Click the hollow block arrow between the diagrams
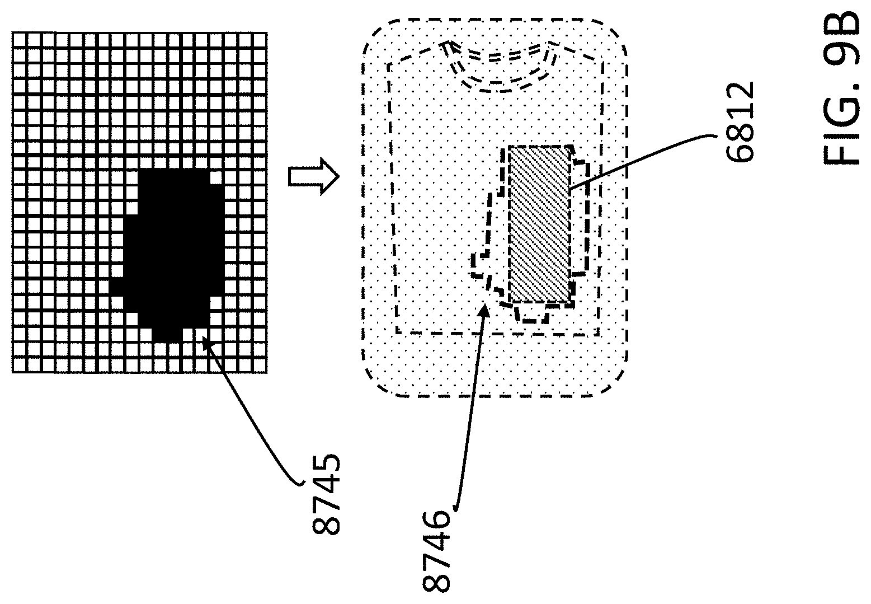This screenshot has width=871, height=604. tap(314, 177)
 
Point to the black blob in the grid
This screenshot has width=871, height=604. tap(173, 246)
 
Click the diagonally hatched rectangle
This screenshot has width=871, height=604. tap(539, 224)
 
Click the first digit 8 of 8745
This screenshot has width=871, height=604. tap(326, 525)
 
